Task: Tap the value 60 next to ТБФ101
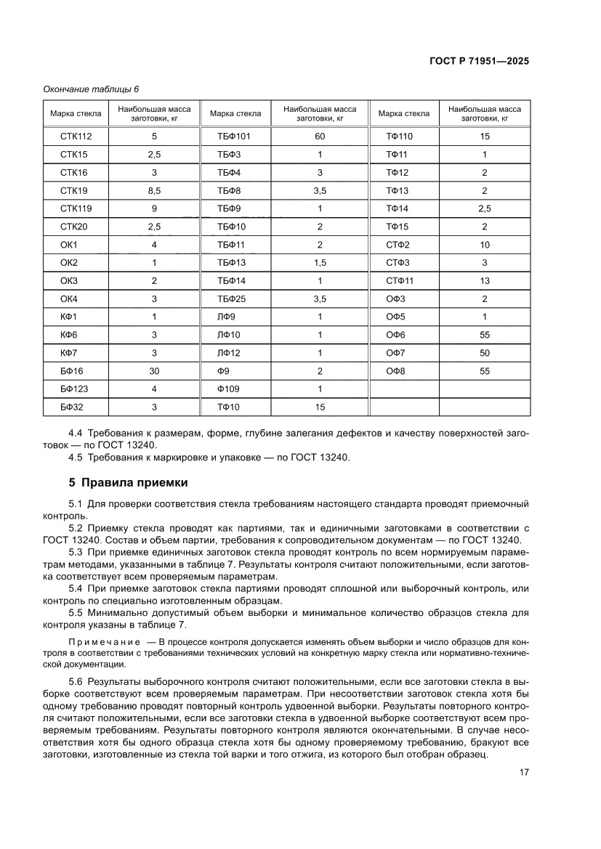[x=320, y=137]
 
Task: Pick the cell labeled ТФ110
[x=399, y=137]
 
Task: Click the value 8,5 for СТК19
[x=154, y=190]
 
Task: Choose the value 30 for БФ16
[x=154, y=371]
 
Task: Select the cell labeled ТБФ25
[x=232, y=298]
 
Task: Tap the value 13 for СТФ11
[x=485, y=280]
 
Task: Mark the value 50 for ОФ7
[x=485, y=353]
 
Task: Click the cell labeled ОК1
[x=69, y=245]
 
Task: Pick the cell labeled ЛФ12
[x=228, y=353]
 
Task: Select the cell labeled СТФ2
[x=398, y=245]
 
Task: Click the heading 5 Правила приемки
[x=127, y=482]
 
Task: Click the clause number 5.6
[x=76, y=683]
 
